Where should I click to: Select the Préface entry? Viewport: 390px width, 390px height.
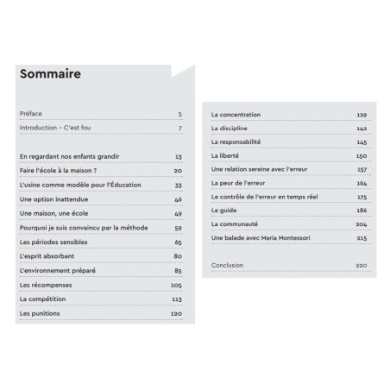30,114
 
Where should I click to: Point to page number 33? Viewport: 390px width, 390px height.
178,185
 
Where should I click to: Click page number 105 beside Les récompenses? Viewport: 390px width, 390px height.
176,284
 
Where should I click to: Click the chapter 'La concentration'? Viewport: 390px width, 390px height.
236,114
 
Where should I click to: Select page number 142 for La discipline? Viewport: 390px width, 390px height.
362,128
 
